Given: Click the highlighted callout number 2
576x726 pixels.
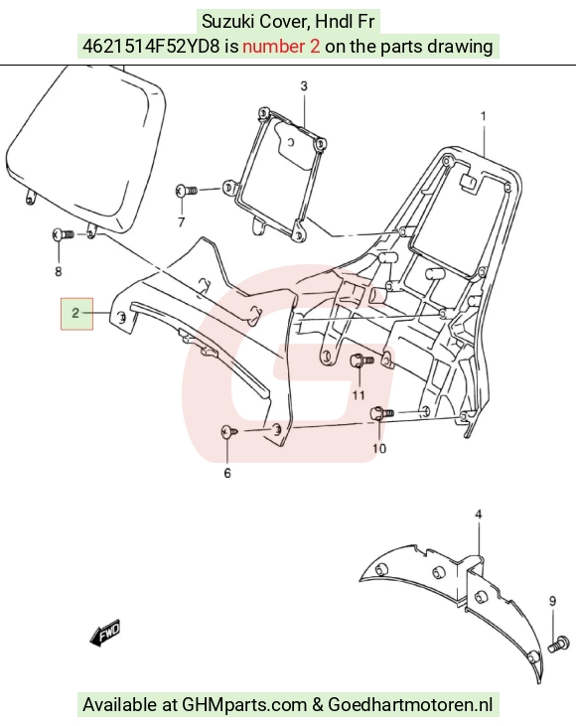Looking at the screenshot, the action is pos(75,314).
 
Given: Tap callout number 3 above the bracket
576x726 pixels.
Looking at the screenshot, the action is pos(304,86).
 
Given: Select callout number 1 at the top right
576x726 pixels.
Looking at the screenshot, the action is pos(484,116).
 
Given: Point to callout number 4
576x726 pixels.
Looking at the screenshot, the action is pos(479,514).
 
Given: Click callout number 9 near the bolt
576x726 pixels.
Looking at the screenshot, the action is pos(552,601).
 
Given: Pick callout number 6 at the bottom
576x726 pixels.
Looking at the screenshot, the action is pos(227,473).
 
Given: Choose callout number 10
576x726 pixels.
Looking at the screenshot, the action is pos(379,448).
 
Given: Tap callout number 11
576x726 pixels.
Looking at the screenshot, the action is pos(359,395).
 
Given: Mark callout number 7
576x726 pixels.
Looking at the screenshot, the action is pos(181,222).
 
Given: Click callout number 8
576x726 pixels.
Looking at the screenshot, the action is pos(59,271).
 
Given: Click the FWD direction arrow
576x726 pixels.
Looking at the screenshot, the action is pos(105,632).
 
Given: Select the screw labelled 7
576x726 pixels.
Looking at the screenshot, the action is pos(187,190).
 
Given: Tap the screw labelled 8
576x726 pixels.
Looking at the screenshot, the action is pos(63,234).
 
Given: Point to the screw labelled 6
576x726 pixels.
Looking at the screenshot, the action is pos(229,432).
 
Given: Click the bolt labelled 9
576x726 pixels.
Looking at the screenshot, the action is pos(559,644).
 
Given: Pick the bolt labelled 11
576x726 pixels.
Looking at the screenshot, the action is pos(362,360).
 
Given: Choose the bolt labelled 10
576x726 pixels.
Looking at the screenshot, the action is pos(381,412).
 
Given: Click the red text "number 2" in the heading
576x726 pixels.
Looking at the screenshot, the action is pos(281,47).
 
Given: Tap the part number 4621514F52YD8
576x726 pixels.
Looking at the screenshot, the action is pos(151,47).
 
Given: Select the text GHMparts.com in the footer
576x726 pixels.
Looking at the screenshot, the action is pos(244,705).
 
